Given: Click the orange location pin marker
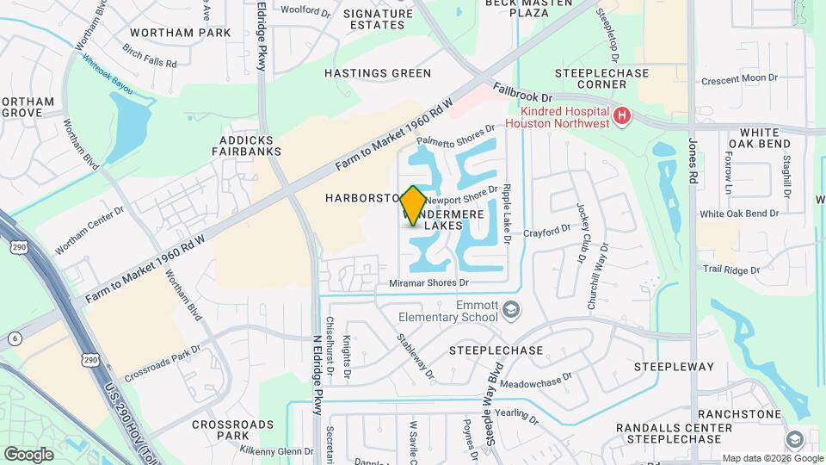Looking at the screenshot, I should [x=413, y=205].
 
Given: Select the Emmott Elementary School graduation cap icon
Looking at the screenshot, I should [x=511, y=309].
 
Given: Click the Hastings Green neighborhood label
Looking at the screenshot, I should [x=378, y=73].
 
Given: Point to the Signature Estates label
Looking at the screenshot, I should [x=378, y=20].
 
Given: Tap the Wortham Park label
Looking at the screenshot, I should [x=181, y=33].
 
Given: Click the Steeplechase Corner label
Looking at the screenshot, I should [x=602, y=79].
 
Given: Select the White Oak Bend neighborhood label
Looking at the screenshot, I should [x=754, y=138].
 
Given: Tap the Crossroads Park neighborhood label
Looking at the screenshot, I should [x=232, y=431].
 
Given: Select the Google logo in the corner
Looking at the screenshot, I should [x=28, y=454].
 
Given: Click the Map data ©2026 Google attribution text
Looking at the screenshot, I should [x=771, y=458].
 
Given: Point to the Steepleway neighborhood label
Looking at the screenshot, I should [x=674, y=367].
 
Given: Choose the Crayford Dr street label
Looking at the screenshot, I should [x=546, y=230].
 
